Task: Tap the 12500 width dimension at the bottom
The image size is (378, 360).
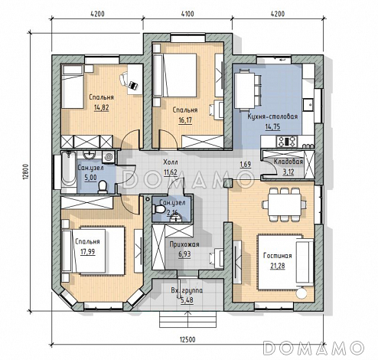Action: tap(187, 339)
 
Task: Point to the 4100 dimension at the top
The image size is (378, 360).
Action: tap(187, 14)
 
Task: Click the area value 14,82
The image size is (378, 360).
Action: tap(101, 107)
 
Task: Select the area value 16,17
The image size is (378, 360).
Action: tap(185, 120)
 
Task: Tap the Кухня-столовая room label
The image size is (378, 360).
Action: tap(272, 116)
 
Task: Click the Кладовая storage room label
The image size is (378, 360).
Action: tap(288, 162)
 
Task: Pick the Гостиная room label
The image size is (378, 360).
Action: tap(278, 256)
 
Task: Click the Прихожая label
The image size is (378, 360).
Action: tap(184, 244)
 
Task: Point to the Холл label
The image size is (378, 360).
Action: tap(171, 162)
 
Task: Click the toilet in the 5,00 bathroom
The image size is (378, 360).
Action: tap(103, 187)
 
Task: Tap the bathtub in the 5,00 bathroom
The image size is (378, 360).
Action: tap(69, 169)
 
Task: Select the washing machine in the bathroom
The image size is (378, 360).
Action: tap(108, 156)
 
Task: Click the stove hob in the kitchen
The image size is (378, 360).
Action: tap(287, 141)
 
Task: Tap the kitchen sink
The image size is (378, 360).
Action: tap(308, 104)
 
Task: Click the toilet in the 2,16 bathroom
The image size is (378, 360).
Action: tap(159, 209)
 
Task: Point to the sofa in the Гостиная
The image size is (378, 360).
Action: tap(305, 262)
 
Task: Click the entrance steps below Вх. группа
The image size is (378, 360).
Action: tap(187, 319)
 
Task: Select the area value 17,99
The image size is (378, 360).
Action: tap(87, 252)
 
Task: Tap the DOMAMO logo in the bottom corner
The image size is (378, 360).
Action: tap(314, 348)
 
